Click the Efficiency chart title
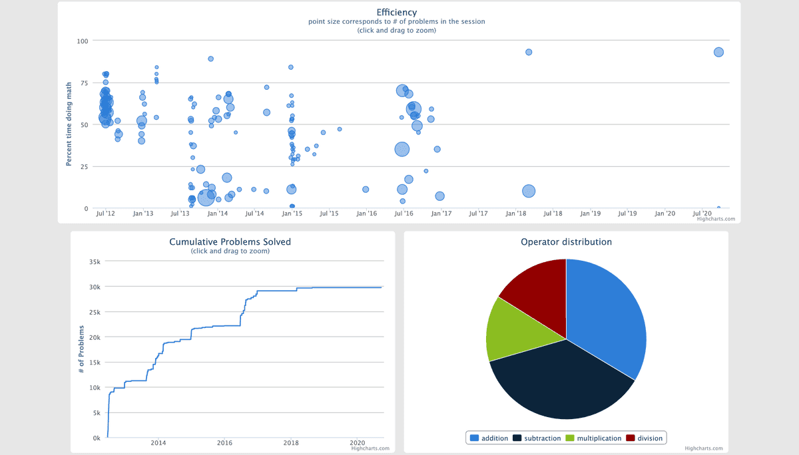click(396, 12)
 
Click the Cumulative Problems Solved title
click(230, 241)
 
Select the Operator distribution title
click(566, 241)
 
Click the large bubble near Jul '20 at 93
click(718, 52)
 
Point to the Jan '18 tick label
click(516, 214)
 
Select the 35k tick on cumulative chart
click(94, 261)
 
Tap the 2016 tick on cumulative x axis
click(225, 443)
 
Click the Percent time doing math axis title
click(69, 124)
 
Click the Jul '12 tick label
click(106, 214)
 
